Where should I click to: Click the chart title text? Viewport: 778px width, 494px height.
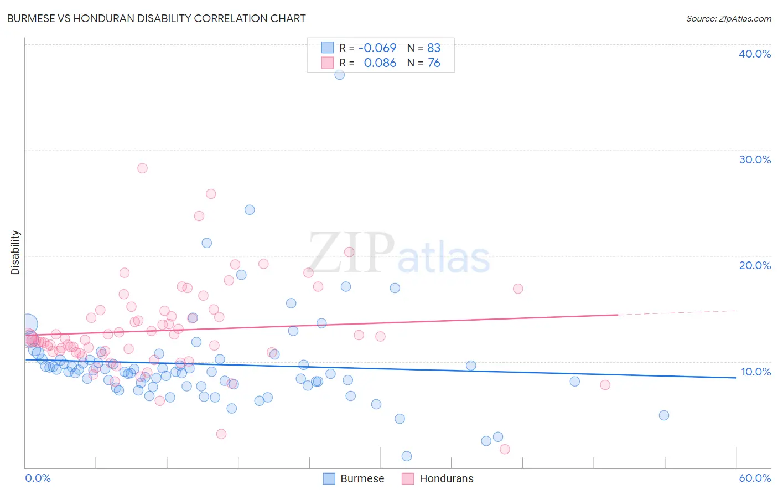point(156,18)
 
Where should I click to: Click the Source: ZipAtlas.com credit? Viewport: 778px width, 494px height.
point(728,18)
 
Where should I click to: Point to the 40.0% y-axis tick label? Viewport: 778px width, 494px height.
point(755,54)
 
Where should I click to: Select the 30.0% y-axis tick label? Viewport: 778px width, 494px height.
point(755,159)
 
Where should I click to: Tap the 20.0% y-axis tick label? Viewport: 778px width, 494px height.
point(755,265)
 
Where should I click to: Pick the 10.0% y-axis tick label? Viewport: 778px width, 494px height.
point(755,372)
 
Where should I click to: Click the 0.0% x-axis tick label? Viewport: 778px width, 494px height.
point(38,478)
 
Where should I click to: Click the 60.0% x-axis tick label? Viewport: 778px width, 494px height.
point(755,478)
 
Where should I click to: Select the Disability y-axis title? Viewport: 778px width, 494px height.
point(15,253)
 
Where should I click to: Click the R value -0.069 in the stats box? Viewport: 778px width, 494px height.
point(377,48)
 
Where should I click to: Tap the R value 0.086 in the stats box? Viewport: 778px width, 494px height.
point(380,63)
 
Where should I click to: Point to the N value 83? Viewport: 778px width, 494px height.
point(434,48)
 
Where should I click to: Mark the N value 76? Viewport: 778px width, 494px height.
point(434,63)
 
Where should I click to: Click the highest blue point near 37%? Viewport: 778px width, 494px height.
point(340,75)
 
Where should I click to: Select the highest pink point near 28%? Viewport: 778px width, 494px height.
point(142,168)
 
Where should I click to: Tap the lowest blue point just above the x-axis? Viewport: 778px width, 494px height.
point(407,456)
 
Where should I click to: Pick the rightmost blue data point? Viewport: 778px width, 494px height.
point(664,415)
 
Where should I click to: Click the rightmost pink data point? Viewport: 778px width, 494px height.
point(605,385)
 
